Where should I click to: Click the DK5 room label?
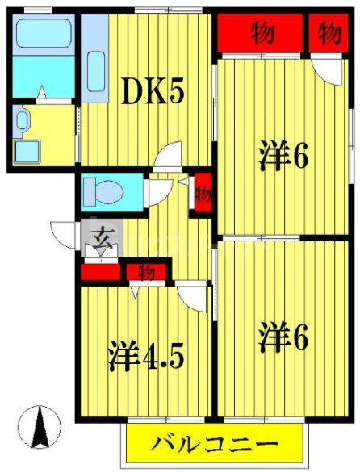pyautogui.click(x=153, y=94)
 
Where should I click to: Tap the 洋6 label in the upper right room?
pyautogui.click(x=283, y=155)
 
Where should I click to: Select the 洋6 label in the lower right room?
pyautogui.click(x=283, y=337)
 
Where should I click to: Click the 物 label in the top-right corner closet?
pyautogui.click(x=329, y=33)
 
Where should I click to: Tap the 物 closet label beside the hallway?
pyautogui.click(x=203, y=195)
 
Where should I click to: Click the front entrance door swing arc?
pyautogui.click(x=64, y=234)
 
